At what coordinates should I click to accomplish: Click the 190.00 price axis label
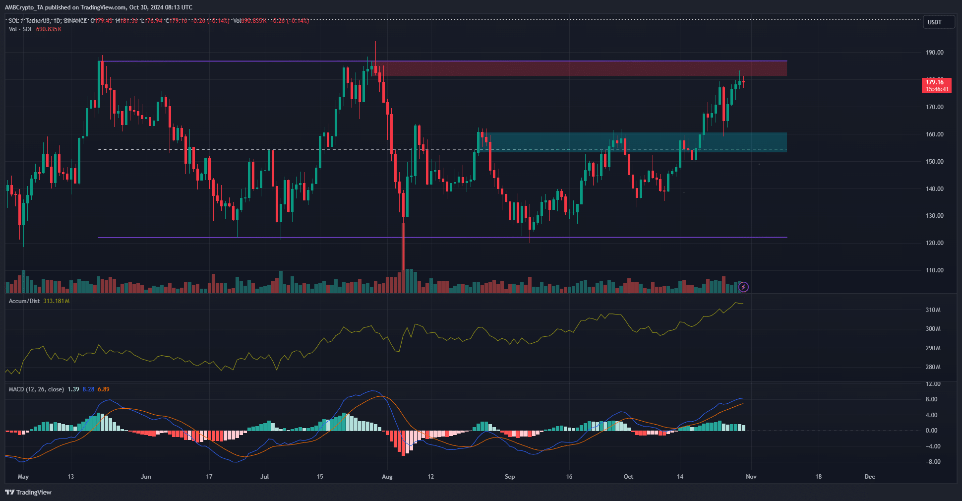click(x=934, y=53)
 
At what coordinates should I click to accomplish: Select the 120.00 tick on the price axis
click(x=934, y=243)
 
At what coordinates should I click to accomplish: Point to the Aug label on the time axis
click(x=387, y=477)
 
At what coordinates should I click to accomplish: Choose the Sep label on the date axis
click(x=510, y=477)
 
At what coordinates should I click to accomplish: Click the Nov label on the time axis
click(x=751, y=477)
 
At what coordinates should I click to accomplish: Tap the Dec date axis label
click(x=870, y=477)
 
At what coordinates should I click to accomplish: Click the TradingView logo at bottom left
click(x=28, y=492)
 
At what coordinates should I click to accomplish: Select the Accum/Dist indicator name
click(x=24, y=301)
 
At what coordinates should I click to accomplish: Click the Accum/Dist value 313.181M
click(x=56, y=301)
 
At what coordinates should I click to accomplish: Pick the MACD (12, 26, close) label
click(x=36, y=389)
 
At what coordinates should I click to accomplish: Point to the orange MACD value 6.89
click(x=104, y=389)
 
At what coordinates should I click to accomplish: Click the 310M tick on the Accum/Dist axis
click(x=933, y=310)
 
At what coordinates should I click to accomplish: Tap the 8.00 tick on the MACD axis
click(x=931, y=399)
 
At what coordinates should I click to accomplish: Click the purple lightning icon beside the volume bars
click(x=743, y=287)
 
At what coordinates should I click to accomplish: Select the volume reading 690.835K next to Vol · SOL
click(x=49, y=29)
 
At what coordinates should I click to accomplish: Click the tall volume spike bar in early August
click(x=403, y=258)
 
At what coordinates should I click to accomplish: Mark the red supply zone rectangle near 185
click(x=580, y=68)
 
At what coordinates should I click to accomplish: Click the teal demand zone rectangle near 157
click(x=635, y=142)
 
